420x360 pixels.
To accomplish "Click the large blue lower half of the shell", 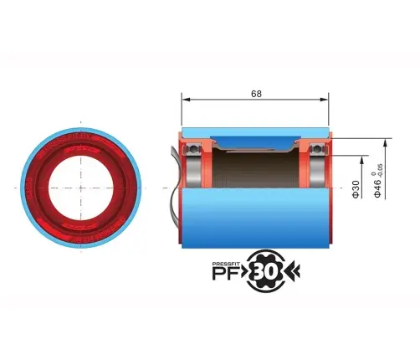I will (x=255, y=218).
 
